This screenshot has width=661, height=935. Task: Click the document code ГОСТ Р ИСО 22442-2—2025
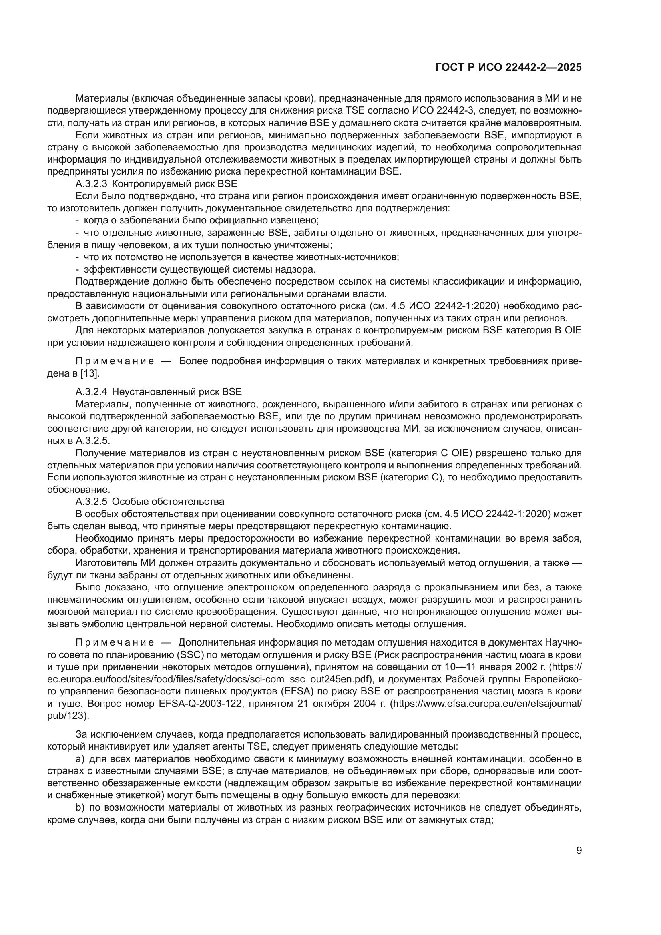click(x=508, y=67)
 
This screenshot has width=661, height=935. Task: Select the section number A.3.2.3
click(x=91, y=183)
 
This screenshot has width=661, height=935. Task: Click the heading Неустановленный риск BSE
click(x=177, y=392)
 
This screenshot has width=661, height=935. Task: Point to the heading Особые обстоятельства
click(x=168, y=501)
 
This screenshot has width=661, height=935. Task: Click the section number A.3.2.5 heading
click(x=91, y=501)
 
